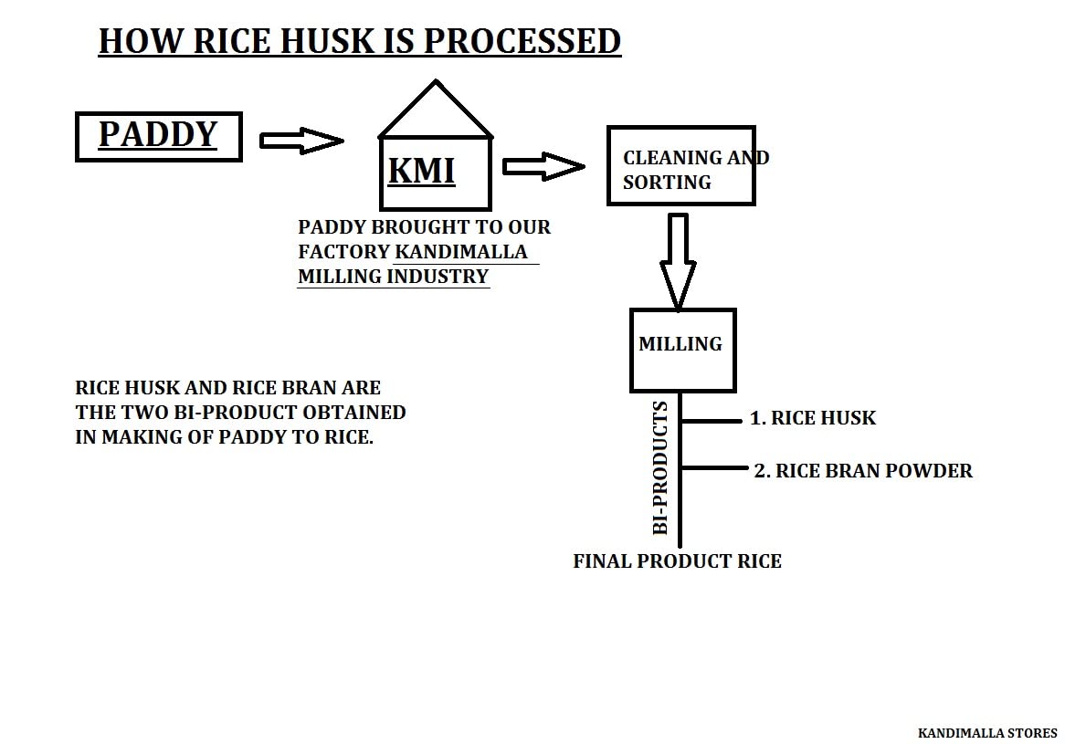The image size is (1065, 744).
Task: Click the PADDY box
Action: click(158, 136)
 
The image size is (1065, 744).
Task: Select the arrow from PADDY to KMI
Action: click(301, 141)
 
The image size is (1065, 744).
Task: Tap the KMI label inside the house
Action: click(421, 171)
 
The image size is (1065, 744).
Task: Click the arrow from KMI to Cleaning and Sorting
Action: click(543, 166)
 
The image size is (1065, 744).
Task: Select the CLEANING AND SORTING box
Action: click(681, 165)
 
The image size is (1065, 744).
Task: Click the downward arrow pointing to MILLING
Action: click(677, 260)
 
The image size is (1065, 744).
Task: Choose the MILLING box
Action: click(682, 350)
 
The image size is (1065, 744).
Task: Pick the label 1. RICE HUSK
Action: click(813, 418)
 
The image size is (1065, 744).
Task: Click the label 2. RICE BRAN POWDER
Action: click(863, 471)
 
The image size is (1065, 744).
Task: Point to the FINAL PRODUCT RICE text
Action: click(677, 561)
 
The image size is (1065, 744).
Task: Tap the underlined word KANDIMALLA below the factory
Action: click(461, 252)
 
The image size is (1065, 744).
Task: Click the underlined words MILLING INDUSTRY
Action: click(394, 276)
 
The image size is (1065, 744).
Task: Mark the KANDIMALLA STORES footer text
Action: click(987, 733)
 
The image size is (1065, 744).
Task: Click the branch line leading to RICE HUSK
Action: click(712, 421)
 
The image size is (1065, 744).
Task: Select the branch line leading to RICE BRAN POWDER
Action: click(714, 468)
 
